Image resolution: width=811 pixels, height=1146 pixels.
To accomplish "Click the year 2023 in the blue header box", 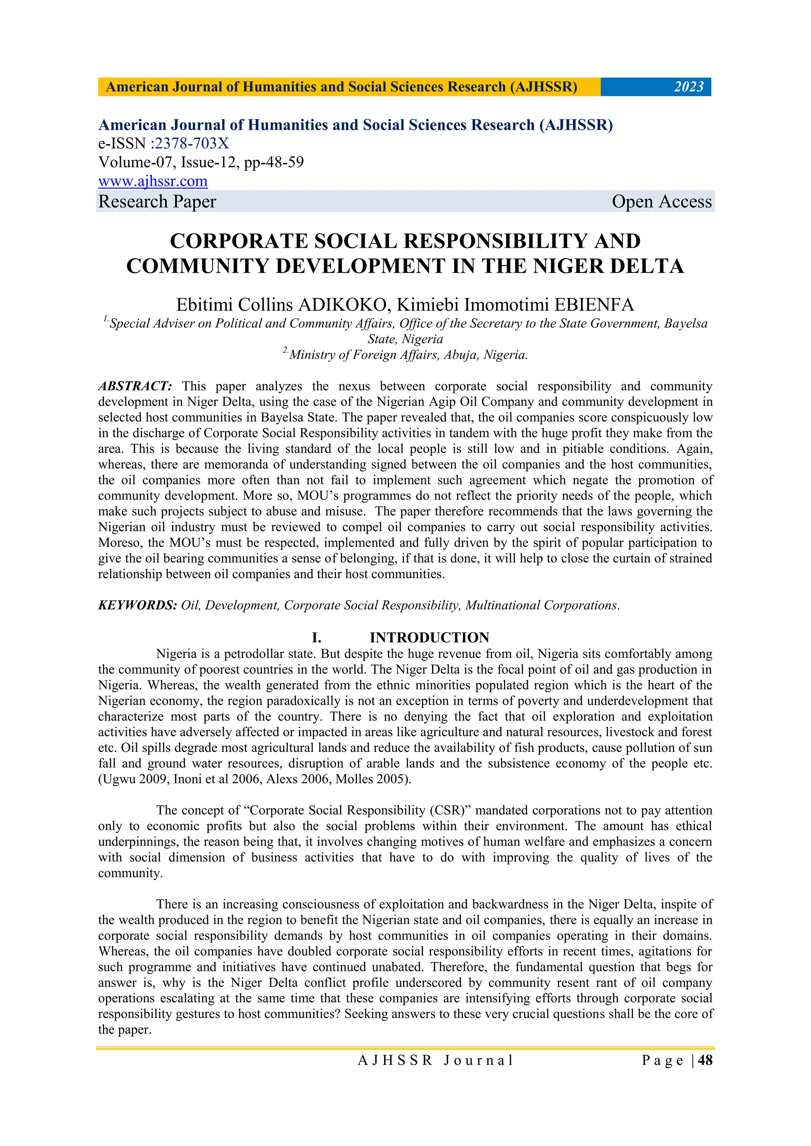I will (x=689, y=87).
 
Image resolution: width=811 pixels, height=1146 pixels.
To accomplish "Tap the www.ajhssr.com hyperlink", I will (x=153, y=181).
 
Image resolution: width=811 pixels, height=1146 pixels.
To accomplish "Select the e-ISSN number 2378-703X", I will (x=192, y=144).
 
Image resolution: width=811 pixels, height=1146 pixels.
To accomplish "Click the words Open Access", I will (x=661, y=202).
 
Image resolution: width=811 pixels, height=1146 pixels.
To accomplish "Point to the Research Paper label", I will (x=157, y=202).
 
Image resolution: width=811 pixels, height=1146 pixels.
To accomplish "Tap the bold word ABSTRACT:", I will (x=135, y=386).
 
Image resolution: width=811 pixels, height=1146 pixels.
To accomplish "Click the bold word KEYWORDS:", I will (x=137, y=605).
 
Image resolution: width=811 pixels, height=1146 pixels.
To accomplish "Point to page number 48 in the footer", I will (x=705, y=1060).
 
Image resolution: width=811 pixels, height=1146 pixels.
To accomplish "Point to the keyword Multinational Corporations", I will (x=542, y=605).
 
